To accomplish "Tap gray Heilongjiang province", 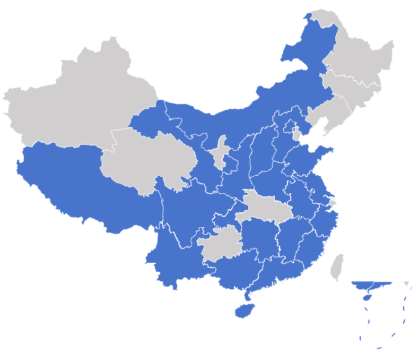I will click(x=361, y=58).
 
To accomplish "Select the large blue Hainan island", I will click(x=244, y=311).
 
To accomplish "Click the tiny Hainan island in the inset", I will click(x=366, y=298).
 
